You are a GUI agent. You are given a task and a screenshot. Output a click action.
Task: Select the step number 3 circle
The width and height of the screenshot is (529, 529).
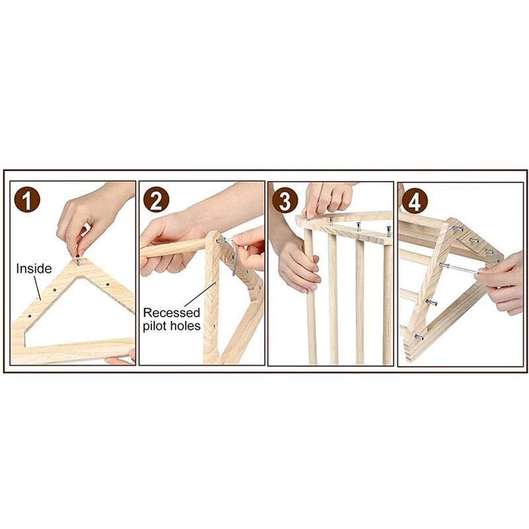[285, 200]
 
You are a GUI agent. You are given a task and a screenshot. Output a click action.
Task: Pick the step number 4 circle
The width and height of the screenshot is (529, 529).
[415, 201]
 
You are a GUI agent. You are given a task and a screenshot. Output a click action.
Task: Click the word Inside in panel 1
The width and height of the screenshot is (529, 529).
[34, 268]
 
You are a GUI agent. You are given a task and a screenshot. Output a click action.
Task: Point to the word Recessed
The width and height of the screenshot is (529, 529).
[172, 313]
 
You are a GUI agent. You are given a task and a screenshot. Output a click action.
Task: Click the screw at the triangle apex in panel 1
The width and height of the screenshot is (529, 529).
[78, 260]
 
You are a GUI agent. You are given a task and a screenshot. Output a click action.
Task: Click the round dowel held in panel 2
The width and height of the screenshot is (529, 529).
[173, 248]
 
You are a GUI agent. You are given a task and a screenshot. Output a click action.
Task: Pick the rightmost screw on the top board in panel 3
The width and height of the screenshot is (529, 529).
[389, 231]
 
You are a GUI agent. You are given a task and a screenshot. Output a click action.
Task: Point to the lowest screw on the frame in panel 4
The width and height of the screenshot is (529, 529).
[419, 337]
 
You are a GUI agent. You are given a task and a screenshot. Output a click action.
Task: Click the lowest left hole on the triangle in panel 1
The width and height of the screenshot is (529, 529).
[29, 317]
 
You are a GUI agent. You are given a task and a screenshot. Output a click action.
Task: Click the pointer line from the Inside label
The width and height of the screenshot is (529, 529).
[38, 288]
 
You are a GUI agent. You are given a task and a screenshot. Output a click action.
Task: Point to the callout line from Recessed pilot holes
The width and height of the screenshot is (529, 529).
[200, 295]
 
